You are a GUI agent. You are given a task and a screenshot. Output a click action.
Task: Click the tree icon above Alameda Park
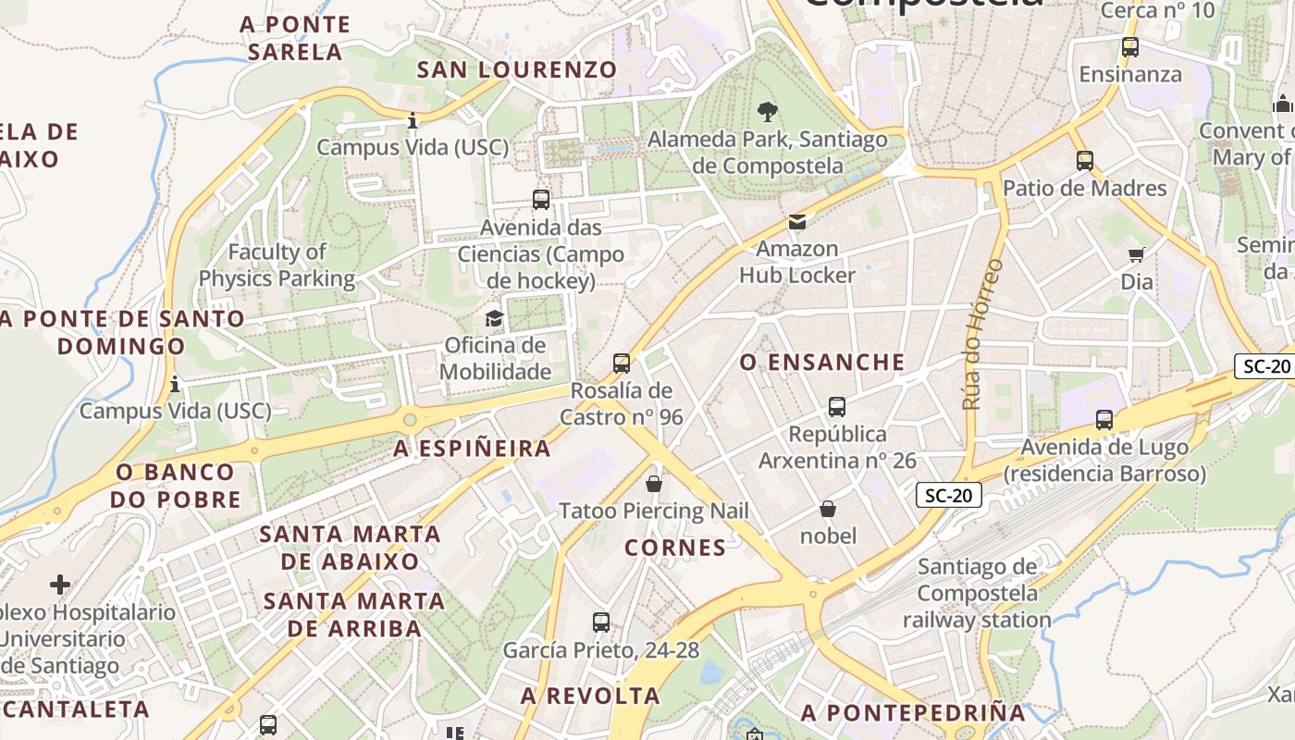(767, 113)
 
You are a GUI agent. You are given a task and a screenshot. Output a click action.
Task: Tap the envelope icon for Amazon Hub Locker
(796, 222)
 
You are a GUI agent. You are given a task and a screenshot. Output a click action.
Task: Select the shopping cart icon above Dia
(1137, 254)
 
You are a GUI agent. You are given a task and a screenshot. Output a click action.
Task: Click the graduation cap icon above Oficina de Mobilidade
(495, 319)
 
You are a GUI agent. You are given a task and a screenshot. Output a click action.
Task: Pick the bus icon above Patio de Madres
(1085, 161)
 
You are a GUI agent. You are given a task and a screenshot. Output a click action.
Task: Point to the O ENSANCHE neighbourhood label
(822, 362)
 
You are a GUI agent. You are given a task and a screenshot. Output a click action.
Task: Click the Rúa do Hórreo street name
(983, 334)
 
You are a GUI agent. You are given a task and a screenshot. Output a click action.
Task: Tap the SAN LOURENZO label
(516, 69)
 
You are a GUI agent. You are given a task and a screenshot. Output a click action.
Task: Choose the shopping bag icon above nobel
(828, 509)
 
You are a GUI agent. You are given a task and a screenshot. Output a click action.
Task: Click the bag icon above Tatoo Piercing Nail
(654, 484)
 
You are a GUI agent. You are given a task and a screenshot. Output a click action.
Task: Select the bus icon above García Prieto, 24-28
(601, 623)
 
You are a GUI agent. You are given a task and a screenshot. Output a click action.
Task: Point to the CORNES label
(675, 548)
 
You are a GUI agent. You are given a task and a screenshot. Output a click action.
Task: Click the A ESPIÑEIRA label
(473, 449)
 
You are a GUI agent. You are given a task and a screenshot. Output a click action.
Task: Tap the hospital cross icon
(60, 585)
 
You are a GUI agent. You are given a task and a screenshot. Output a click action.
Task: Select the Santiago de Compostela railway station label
(977, 593)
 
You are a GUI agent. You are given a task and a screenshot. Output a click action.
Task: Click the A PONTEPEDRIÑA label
(914, 713)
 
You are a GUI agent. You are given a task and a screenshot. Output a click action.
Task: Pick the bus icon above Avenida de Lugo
(1104, 420)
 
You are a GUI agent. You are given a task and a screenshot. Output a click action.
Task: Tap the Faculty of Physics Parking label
(277, 265)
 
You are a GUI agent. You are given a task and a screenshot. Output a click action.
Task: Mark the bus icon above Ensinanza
(1129, 47)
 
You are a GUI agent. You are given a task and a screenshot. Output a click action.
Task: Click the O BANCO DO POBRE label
(176, 486)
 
